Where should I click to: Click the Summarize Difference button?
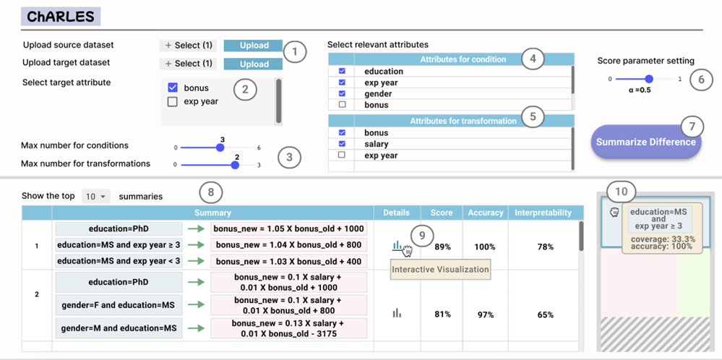pos(646,142)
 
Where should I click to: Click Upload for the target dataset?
pos(253,64)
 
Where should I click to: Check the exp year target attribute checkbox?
pos(173,102)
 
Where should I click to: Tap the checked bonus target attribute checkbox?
pos(173,87)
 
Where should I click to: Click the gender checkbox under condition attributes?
pos(342,94)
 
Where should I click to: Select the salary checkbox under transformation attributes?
pos(342,144)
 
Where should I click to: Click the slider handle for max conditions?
pos(220,147)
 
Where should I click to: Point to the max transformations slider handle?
pos(235,165)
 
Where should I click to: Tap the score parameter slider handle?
pos(649,80)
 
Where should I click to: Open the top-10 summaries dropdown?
pos(96,197)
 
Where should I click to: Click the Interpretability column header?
pos(546,213)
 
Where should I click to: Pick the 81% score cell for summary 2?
pos(442,315)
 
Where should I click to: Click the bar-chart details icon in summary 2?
pos(397,313)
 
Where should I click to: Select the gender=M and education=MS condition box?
pos(119,328)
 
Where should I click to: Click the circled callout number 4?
pos(533,59)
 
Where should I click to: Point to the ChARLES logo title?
pos(61,17)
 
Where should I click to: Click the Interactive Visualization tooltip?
pos(441,270)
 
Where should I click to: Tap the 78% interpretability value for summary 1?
pos(545,247)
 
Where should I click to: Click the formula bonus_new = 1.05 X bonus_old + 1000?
pos(288,229)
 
